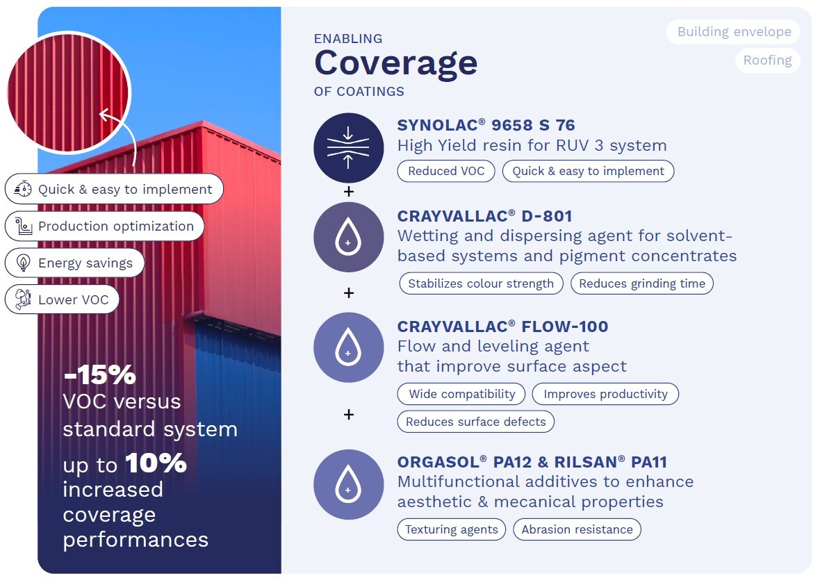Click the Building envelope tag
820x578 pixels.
(x=734, y=32)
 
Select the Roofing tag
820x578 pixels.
(x=767, y=60)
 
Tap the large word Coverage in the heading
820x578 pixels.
(x=396, y=64)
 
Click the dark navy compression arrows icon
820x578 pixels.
(x=348, y=148)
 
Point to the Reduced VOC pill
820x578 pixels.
(x=446, y=171)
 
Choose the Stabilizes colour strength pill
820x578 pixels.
(x=481, y=283)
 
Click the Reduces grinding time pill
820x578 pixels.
(x=642, y=283)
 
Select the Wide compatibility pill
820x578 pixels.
(x=462, y=394)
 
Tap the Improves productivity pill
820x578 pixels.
(x=605, y=394)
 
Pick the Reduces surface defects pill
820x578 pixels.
(x=476, y=422)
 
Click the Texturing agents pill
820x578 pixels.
(x=451, y=529)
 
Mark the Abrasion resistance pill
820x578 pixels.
(x=577, y=529)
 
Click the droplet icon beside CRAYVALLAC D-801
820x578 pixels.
(x=348, y=238)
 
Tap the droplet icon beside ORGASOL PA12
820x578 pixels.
(x=348, y=484)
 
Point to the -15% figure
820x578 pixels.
(x=100, y=374)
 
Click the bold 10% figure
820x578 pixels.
(x=156, y=463)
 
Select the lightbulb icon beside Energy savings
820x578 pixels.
(x=24, y=263)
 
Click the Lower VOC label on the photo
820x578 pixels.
(x=73, y=300)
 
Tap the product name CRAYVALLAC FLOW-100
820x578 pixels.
(x=502, y=327)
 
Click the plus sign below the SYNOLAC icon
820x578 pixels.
(x=349, y=192)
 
